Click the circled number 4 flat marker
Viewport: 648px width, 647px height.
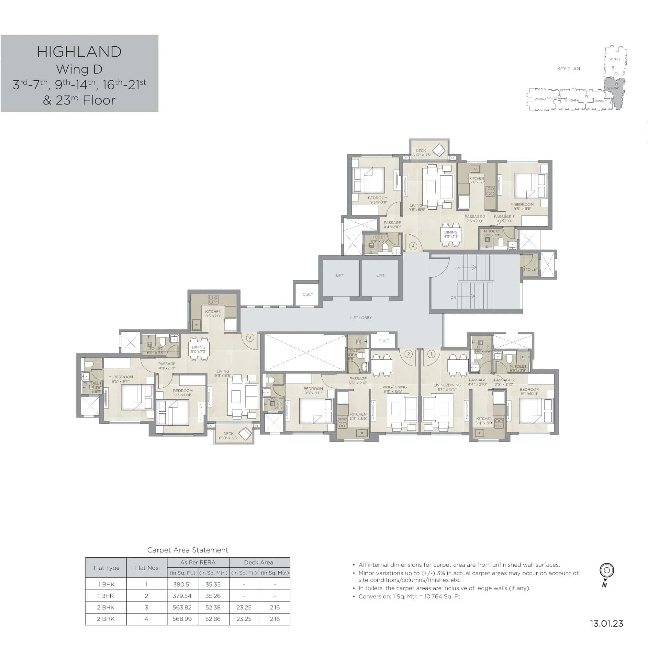[x=413, y=246]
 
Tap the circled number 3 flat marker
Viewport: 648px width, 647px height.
[x=250, y=338]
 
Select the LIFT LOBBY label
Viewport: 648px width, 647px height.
[x=361, y=318]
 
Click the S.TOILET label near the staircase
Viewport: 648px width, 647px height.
[x=530, y=269]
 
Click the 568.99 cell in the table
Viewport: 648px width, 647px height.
[x=182, y=619]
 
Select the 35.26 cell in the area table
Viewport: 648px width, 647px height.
[x=213, y=596]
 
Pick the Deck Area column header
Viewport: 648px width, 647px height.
[x=259, y=563]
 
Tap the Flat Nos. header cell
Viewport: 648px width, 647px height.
[x=147, y=568]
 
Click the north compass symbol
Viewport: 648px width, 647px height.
[x=607, y=570]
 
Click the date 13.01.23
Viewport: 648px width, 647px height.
[x=607, y=623]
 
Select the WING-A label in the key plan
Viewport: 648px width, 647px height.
[x=540, y=99]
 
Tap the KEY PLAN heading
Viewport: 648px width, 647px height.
[x=568, y=69]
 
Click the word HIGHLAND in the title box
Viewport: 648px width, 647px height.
[x=79, y=52]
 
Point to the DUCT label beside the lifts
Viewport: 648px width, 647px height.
[x=307, y=295]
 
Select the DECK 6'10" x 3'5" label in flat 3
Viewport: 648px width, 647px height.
[x=229, y=436]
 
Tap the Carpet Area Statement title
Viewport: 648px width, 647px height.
[x=187, y=550]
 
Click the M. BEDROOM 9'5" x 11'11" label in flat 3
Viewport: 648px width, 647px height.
[x=121, y=379]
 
